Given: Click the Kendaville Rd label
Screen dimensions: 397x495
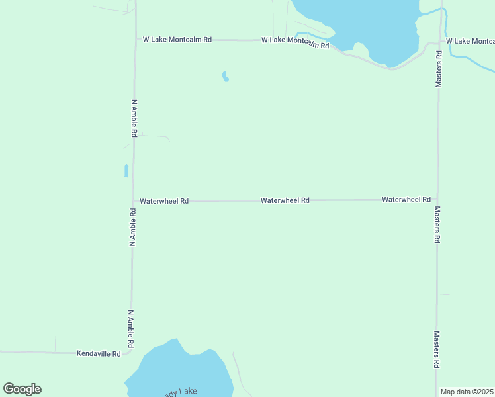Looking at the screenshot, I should [99, 354].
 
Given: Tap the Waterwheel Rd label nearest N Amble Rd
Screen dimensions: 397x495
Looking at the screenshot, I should [164, 200].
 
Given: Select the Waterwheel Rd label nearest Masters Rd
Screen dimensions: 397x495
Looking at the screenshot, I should [406, 199].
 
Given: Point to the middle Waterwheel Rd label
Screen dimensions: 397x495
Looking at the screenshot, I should [285, 200].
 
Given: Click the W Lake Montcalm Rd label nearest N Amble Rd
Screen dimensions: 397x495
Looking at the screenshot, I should [177, 40].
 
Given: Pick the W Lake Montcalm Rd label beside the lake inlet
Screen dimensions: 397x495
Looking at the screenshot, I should [295, 42].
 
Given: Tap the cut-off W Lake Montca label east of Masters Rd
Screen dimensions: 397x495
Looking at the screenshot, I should [471, 41].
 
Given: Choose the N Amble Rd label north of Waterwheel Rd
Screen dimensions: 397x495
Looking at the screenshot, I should [134, 118].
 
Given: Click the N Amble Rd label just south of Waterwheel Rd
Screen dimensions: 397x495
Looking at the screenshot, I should [133, 228].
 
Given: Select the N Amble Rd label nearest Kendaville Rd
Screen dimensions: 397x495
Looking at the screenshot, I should [131, 329].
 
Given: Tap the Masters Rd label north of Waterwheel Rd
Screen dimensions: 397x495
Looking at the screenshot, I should [438, 68].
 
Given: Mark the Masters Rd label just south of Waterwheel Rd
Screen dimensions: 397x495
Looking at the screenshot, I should [437, 225].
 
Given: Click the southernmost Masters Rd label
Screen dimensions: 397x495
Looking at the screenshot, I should [437, 350].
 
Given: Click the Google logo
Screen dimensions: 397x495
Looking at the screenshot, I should [22, 389].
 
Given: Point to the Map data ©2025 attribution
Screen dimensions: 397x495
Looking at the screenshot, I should [467, 392].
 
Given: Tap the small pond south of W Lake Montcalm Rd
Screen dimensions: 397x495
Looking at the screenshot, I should [226, 77].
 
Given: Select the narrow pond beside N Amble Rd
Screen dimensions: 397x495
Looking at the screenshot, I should [126, 171].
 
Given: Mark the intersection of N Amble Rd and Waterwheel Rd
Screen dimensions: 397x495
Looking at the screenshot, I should [133, 200].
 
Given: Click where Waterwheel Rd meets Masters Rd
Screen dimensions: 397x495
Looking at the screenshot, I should [437, 199].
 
